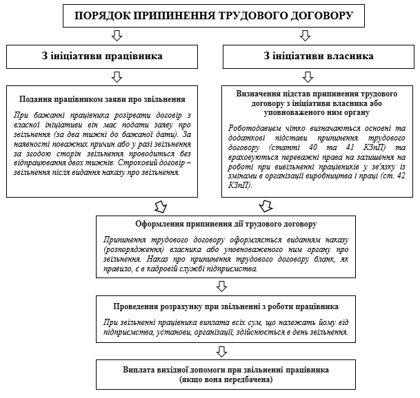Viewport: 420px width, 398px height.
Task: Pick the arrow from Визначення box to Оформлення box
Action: (x=266, y=187)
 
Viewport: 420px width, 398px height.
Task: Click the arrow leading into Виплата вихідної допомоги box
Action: (x=221, y=351)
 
